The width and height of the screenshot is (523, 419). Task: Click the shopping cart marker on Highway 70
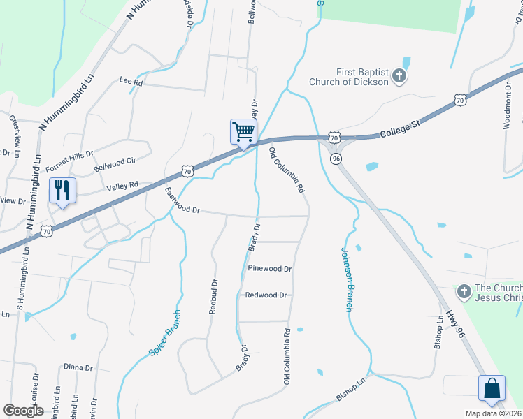[243, 132]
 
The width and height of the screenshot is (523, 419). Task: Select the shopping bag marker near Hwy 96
[492, 388]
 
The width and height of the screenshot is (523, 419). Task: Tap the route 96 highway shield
[336, 159]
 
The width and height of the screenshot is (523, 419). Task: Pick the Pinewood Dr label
[269, 268]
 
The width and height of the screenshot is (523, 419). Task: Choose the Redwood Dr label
[266, 295]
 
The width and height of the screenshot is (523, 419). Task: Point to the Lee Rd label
[131, 82]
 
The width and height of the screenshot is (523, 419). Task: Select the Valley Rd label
[124, 186]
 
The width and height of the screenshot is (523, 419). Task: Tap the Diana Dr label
[78, 367]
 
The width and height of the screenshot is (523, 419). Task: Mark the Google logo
[23, 410]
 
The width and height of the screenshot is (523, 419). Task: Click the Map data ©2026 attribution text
[493, 413]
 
